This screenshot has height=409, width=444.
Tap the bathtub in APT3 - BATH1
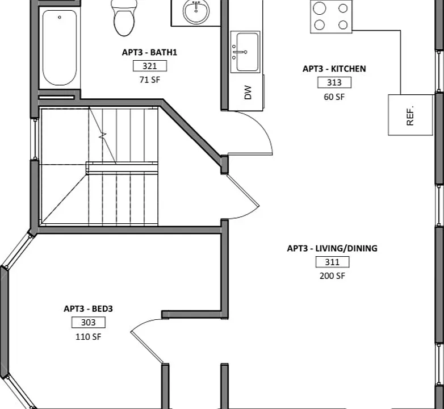point(60,48)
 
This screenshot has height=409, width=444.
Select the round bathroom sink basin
point(196,11)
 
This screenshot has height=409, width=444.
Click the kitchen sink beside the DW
point(245,52)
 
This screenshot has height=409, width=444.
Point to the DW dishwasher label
point(248,93)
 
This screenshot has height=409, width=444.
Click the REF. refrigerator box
point(411,115)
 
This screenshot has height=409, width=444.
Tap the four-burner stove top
point(332,16)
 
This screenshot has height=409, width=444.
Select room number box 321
point(150,66)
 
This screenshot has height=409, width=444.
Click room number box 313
point(334,82)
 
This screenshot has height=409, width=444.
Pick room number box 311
point(333,262)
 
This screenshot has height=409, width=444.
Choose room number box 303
point(89,322)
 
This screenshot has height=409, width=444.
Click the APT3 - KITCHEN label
point(334,69)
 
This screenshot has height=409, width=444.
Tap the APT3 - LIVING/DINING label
point(332,248)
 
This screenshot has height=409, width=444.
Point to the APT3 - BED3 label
point(89,308)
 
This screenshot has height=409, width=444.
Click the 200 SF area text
point(333,276)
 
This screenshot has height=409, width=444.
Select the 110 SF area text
point(89,336)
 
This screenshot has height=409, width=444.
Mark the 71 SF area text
point(150,80)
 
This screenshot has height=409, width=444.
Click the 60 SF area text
point(334,97)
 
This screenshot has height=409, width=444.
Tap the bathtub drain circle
point(60,17)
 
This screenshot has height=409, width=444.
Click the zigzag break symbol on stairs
point(103,135)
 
